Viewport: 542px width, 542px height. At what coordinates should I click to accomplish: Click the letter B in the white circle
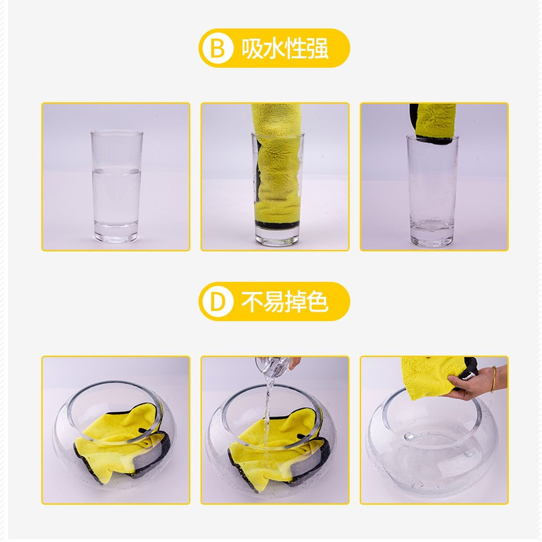click(217, 48)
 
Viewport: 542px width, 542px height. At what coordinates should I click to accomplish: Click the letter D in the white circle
click(217, 301)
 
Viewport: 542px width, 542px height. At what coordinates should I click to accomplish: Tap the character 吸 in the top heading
click(252, 48)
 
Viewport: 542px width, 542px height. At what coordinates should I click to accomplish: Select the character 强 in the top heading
click(317, 48)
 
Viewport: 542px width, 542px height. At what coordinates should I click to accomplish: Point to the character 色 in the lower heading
click(317, 301)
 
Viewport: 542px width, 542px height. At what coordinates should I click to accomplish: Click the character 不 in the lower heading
click(252, 301)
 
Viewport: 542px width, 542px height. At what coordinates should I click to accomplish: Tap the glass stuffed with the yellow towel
click(278, 188)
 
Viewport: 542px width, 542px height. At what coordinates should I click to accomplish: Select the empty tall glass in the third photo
click(432, 191)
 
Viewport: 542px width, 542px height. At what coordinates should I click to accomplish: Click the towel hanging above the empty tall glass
click(433, 123)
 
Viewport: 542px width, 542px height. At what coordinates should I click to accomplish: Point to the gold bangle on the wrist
click(493, 379)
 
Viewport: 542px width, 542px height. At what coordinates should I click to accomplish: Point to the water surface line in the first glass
click(117, 170)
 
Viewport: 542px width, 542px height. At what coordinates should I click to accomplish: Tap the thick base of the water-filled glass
click(116, 232)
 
